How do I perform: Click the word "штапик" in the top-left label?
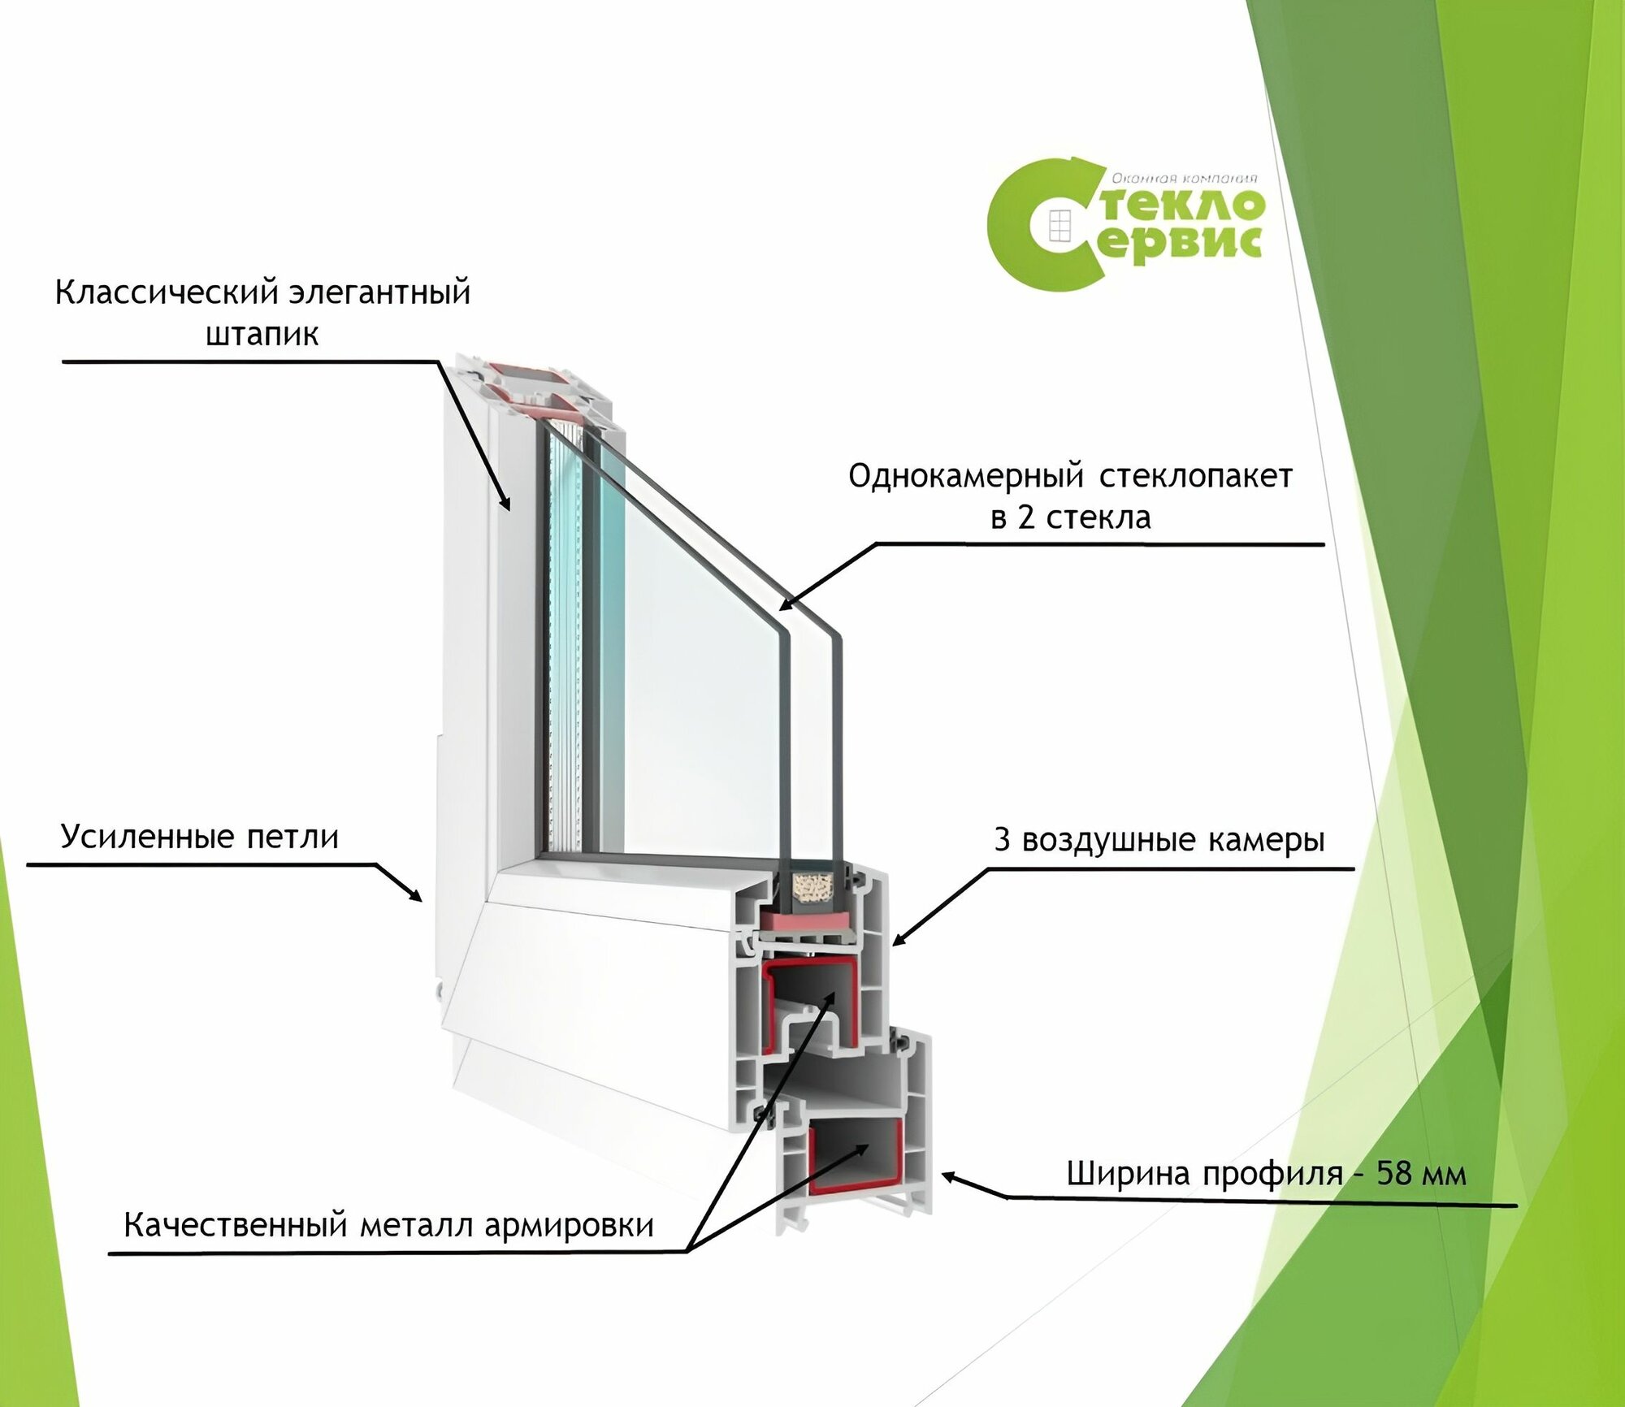[262, 335]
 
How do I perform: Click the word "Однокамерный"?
[966, 476]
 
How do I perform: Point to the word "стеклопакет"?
[1195, 476]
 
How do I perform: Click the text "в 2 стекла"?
[1070, 517]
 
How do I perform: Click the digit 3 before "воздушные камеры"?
[1002, 840]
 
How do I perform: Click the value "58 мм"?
[1421, 1173]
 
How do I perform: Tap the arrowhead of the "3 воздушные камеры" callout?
[897, 942]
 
